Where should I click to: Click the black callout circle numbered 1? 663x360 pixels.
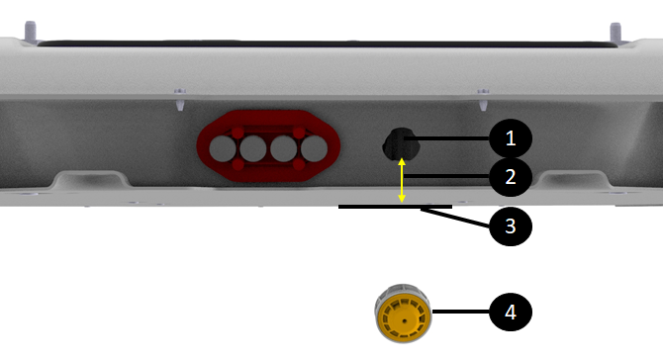pyautogui.click(x=511, y=138)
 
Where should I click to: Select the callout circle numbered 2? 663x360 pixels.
pyautogui.click(x=511, y=177)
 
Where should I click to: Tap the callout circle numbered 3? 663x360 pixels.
pyautogui.click(x=511, y=226)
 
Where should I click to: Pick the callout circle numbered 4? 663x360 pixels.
pyautogui.click(x=511, y=312)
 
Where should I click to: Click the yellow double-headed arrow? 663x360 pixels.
pyautogui.click(x=402, y=180)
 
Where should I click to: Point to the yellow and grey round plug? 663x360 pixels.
pyautogui.click(x=403, y=313)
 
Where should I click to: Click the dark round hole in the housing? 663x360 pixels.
pyautogui.click(x=401, y=144)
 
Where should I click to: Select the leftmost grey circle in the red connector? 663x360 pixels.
pyautogui.click(x=223, y=148)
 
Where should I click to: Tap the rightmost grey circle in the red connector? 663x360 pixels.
pyautogui.click(x=314, y=148)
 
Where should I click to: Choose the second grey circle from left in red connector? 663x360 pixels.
pyautogui.click(x=253, y=148)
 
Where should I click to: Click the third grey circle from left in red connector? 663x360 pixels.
pyautogui.click(x=284, y=148)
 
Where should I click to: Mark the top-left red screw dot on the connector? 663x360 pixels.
pyautogui.click(x=237, y=134)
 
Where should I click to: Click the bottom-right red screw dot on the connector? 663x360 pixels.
pyautogui.click(x=299, y=164)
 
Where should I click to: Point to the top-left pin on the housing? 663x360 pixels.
pyautogui.click(x=30, y=31)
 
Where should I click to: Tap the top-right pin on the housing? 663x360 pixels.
pyautogui.click(x=616, y=32)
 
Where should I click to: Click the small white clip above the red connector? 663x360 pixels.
pyautogui.click(x=180, y=99)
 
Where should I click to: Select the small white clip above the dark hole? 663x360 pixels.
pyautogui.click(x=483, y=99)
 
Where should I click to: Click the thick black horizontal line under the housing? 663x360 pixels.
pyautogui.click(x=396, y=207)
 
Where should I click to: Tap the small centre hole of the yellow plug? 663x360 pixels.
pyautogui.click(x=405, y=321)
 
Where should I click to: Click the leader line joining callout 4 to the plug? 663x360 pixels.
pyautogui.click(x=461, y=312)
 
